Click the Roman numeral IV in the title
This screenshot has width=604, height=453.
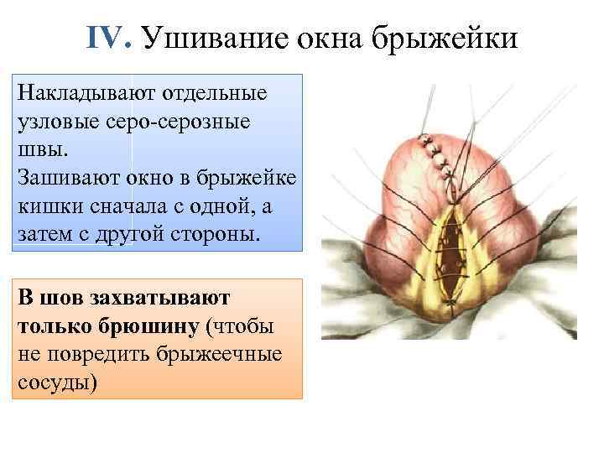(x=108, y=37)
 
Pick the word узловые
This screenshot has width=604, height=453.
(x=57, y=121)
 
